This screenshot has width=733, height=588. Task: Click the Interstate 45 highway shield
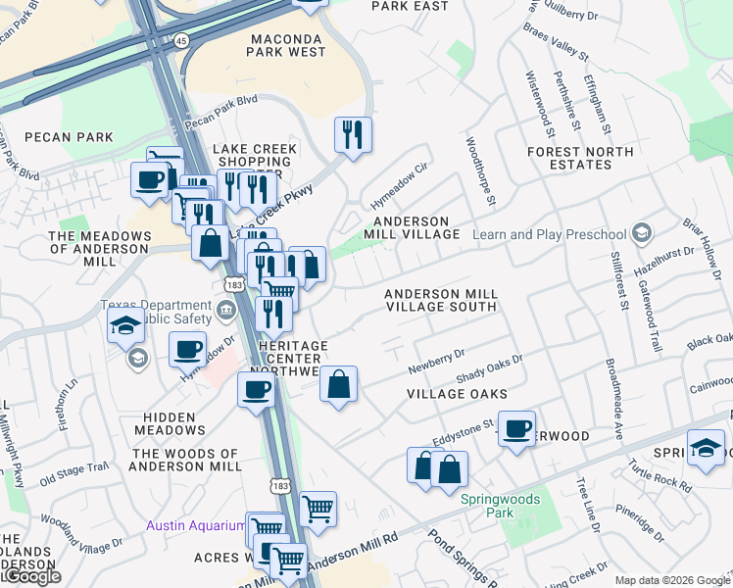point(183,40)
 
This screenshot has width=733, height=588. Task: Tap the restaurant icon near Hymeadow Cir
point(353,135)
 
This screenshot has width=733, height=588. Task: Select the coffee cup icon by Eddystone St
point(516,428)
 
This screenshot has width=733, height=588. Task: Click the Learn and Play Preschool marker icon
point(641,234)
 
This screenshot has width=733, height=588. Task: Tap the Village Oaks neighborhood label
point(458,394)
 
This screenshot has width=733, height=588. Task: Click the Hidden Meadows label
point(170,423)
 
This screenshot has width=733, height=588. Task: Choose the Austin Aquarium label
point(195,525)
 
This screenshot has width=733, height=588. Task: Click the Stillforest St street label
point(618,281)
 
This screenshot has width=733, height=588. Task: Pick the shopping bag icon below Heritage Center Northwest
point(338,385)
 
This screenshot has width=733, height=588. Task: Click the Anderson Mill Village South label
point(441,300)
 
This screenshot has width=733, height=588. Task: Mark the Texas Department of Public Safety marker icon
point(226,313)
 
